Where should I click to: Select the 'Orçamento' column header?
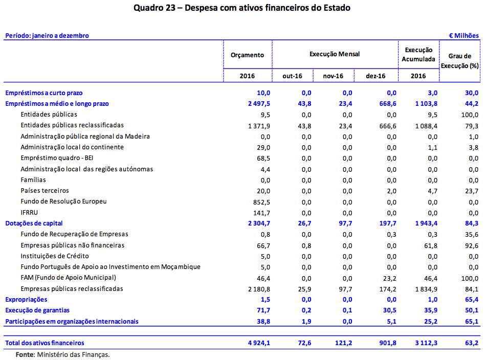[247, 55]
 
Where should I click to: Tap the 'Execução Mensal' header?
[335, 54]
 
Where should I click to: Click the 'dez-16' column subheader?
[375, 76]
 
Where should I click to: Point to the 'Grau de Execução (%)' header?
[459, 60]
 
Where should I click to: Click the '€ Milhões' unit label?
[463, 36]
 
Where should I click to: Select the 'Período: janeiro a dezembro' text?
[47, 36]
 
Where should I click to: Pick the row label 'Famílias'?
[33, 180]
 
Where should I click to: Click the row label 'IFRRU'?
[30, 212]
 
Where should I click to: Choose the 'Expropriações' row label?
[26, 300]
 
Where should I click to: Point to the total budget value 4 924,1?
[258, 343]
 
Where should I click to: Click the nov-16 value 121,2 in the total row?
[342, 343]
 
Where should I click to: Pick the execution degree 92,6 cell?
[471, 245]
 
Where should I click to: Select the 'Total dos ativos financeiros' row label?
[45, 343]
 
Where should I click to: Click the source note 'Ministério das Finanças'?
[73, 354]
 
